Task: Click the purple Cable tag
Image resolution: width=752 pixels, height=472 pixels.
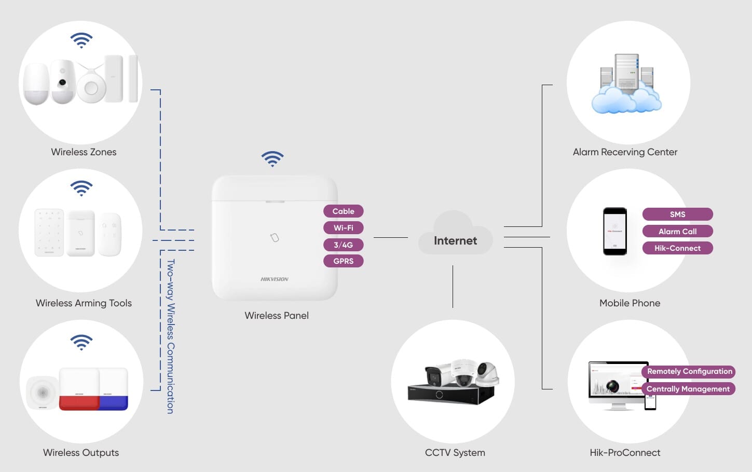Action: point(343,211)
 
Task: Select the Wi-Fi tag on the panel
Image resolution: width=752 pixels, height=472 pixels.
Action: point(343,228)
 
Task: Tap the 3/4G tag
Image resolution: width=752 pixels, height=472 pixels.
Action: point(343,245)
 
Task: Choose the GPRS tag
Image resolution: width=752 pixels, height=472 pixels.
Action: point(343,261)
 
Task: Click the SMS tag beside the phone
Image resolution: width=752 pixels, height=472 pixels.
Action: point(677,214)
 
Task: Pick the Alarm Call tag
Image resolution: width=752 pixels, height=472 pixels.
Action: point(677,231)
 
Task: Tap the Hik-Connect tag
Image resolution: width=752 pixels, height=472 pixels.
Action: point(677,248)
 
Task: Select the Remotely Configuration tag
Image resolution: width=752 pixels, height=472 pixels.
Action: point(689,371)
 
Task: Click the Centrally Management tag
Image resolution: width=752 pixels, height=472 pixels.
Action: point(688,389)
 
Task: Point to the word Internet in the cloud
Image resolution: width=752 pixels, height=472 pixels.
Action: point(455,240)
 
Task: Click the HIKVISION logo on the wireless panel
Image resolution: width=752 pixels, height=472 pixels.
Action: point(274,279)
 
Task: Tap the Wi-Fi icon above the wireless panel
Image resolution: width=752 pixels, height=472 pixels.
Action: point(272,158)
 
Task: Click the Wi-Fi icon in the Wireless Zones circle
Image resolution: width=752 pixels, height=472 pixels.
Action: point(81,41)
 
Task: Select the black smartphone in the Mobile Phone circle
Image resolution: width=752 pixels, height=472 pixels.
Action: point(614,231)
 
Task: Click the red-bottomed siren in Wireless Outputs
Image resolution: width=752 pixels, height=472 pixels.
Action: point(79,389)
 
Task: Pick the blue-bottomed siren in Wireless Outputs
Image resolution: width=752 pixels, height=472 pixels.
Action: point(114,389)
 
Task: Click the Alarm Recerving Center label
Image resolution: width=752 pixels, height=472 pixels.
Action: point(625,152)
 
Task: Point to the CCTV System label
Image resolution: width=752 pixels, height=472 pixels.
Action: point(455,452)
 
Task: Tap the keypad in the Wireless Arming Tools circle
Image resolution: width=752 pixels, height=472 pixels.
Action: point(49,233)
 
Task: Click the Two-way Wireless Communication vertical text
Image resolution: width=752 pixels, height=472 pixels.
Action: point(171,336)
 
